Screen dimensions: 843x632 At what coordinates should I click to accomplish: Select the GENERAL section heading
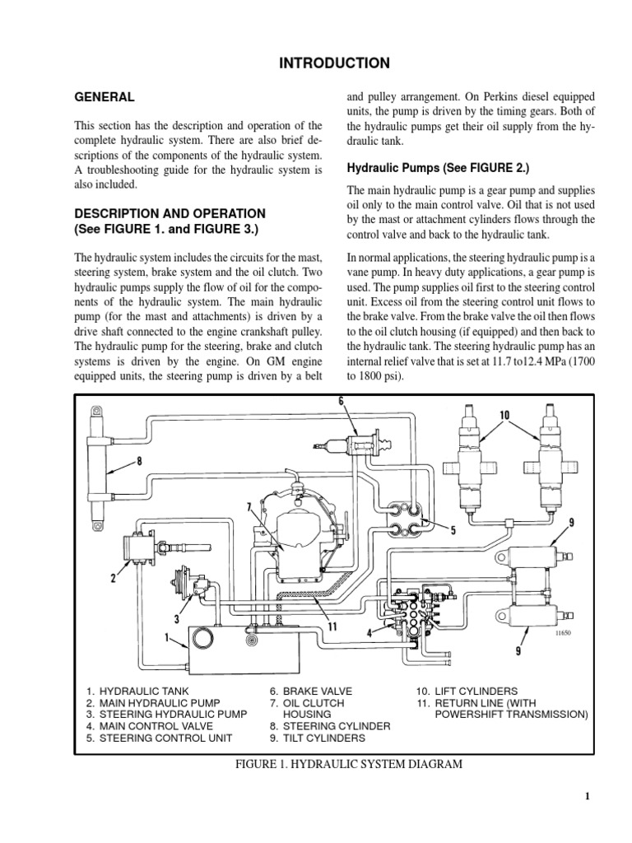pyautogui.click(x=105, y=97)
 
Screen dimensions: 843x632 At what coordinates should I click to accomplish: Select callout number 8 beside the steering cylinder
pyautogui.click(x=139, y=461)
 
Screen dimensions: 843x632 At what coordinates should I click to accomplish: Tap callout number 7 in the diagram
pyautogui.click(x=248, y=505)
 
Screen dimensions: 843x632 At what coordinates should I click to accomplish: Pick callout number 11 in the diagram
pyautogui.click(x=332, y=625)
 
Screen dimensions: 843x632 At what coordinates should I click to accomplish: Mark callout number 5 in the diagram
pyautogui.click(x=452, y=530)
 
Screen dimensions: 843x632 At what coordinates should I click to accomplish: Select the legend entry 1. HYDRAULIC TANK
pyautogui.click(x=136, y=692)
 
